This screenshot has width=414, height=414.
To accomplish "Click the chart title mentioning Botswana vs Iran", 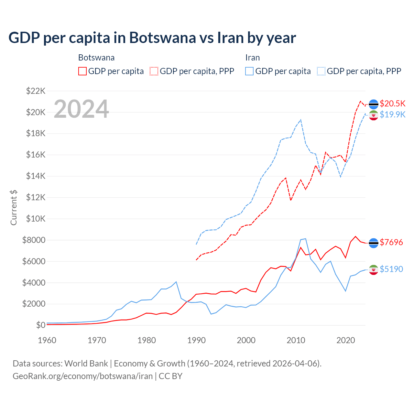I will [x=152, y=38].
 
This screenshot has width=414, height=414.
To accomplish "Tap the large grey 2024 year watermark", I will [x=81, y=109].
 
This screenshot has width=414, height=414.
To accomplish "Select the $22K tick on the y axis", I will [x=36, y=91].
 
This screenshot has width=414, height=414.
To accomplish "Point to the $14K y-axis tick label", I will [x=36, y=176].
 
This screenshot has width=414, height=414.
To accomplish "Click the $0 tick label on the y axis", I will [x=40, y=325].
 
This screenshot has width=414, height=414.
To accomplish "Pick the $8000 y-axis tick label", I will [x=34, y=240].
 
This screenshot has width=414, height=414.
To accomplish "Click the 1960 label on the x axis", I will [x=47, y=340].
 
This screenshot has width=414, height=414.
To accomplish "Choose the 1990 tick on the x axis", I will [x=196, y=340].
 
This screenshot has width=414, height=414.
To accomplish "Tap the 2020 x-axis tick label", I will [x=346, y=340].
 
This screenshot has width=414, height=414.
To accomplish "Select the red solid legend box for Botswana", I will [x=82, y=71].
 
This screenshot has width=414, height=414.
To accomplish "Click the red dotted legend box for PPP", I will [x=154, y=71].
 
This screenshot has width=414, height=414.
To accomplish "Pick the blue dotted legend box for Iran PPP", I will [x=321, y=71].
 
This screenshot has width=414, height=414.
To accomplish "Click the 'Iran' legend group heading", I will [x=252, y=58].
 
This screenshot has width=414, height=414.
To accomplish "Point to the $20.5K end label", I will [x=392, y=103].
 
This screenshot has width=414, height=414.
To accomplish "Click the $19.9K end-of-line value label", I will [x=392, y=114].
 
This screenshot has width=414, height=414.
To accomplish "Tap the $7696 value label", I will [x=391, y=242].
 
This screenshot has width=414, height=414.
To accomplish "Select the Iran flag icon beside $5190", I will [x=374, y=270].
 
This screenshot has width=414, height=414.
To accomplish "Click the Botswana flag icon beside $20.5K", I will [x=374, y=104].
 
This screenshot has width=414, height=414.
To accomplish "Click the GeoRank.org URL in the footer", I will [x=82, y=376].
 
